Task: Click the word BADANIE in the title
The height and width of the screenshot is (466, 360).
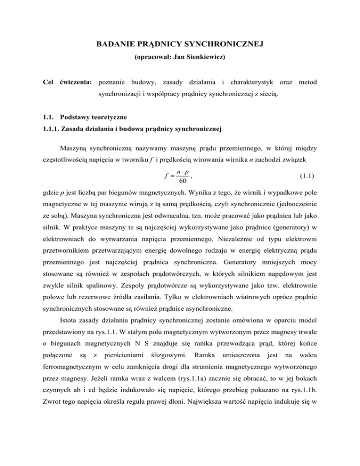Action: [114, 45]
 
